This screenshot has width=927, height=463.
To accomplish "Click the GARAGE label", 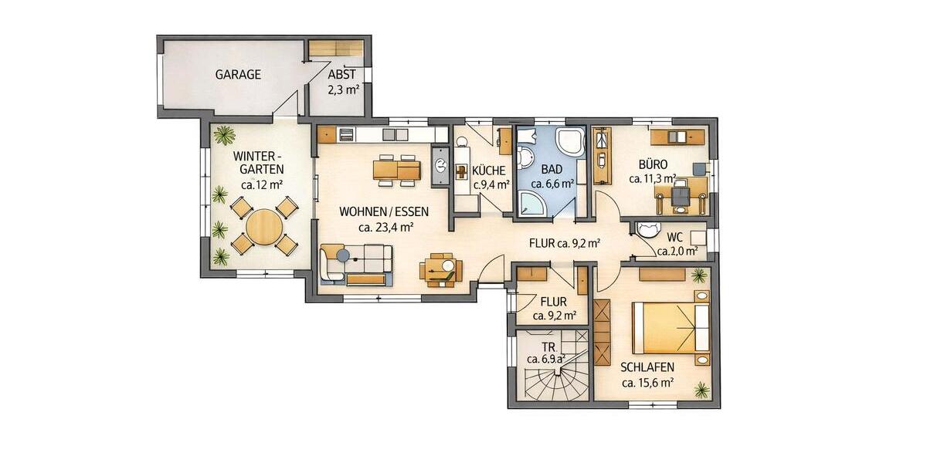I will pos(238,75).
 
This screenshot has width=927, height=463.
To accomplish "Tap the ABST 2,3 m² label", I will pos(341,82).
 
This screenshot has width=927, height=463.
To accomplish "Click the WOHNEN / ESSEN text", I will pos(384,211).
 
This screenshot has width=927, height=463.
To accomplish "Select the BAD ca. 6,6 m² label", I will pos(552,177).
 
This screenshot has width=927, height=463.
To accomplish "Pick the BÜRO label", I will pos(653,164).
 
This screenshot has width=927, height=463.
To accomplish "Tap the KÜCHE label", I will pos(489,171).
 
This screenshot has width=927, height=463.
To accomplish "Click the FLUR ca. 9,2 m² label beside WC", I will pos(565,242).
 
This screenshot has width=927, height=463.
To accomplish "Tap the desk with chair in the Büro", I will pos(681,192).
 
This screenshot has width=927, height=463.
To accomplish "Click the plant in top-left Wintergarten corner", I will pos(224,135).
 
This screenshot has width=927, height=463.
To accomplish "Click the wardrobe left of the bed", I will pos(603,324).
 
